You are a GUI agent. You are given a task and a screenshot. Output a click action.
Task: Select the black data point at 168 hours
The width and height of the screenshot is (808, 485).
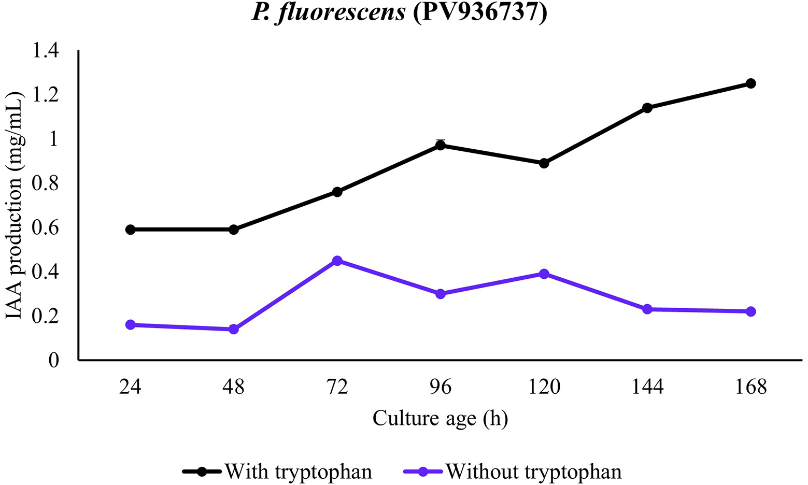750,83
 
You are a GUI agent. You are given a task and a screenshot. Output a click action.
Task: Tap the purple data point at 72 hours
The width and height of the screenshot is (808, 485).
337,261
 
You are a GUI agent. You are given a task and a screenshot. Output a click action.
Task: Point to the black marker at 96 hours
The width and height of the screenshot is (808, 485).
441,146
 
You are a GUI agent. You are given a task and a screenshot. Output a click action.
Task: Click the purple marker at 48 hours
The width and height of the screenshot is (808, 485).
234,329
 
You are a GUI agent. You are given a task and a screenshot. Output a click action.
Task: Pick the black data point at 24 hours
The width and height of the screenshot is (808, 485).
131,230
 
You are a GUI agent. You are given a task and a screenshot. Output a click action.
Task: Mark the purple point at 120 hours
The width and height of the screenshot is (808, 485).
544,274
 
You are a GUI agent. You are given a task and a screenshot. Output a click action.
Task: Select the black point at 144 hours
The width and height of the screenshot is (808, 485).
647,108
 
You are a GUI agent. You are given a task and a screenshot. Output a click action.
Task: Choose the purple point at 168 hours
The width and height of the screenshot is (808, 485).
750,311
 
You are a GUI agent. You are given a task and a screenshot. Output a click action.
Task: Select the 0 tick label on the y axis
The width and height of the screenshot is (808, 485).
54,360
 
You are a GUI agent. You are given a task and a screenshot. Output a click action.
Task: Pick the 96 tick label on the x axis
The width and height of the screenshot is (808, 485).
441,387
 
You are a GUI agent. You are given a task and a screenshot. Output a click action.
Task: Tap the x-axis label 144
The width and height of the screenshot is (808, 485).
647,387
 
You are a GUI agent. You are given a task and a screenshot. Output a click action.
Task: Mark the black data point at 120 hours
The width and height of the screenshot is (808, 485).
544,163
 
